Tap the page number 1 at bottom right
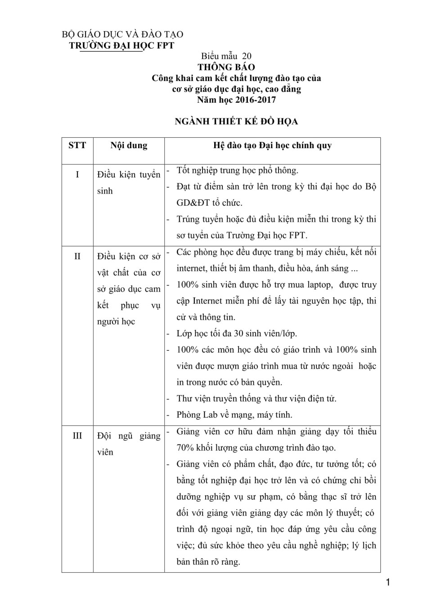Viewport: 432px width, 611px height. (x=388, y=583)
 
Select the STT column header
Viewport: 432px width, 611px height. (x=77, y=145)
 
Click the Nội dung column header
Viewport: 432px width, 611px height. (x=129, y=145)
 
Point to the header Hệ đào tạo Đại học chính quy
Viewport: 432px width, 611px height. (x=272, y=145)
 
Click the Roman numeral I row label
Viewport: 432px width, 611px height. (x=77, y=175)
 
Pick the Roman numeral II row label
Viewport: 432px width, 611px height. (x=77, y=256)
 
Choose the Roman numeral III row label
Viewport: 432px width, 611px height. (x=77, y=436)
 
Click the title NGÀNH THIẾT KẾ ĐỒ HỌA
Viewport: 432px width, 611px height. (x=236, y=121)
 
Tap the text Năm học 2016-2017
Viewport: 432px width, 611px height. (x=236, y=100)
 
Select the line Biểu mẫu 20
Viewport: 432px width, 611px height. (x=226, y=56)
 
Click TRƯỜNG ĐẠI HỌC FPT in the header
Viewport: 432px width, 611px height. (x=121, y=45)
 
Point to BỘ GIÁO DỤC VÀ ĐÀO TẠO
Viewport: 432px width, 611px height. (x=122, y=35)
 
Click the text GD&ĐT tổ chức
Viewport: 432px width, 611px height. (x=209, y=203)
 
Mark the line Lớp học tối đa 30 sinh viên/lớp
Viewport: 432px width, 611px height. (x=237, y=334)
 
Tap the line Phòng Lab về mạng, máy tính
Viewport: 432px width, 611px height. (x=234, y=415)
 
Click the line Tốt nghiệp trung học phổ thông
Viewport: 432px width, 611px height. (x=237, y=170)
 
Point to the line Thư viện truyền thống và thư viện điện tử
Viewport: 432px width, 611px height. (x=256, y=398)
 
